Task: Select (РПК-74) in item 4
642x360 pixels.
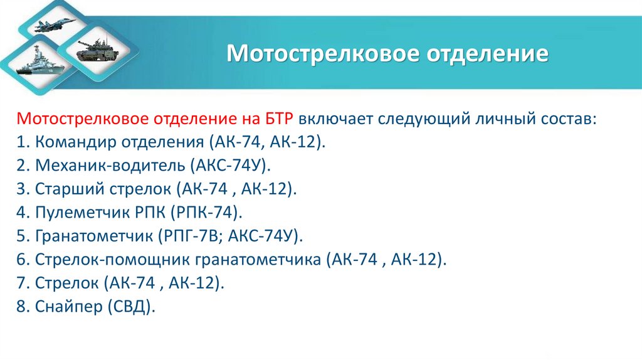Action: (206, 213)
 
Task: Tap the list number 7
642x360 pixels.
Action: (22, 283)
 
